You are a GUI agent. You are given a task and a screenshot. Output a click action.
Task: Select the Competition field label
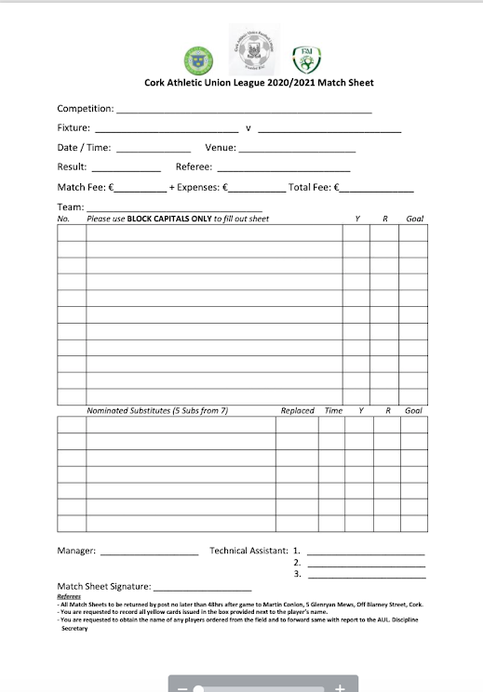(86, 109)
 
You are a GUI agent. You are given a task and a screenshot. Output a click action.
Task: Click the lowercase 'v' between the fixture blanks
(248, 127)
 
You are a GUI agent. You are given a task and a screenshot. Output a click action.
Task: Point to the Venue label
(221, 147)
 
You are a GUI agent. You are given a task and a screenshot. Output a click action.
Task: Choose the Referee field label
(194, 167)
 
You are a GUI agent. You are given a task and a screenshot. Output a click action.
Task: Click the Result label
(72, 167)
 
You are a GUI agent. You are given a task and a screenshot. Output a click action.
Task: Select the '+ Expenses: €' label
(198, 187)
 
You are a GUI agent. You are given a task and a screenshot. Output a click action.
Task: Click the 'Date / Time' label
(84, 147)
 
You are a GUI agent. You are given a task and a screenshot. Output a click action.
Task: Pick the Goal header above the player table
(414, 219)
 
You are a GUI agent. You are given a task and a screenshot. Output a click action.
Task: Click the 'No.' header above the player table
(64, 219)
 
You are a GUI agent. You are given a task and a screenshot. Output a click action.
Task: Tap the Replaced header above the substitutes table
(297, 410)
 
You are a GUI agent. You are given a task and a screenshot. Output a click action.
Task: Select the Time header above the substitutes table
(332, 410)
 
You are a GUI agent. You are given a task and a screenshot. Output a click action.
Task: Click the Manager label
(76, 551)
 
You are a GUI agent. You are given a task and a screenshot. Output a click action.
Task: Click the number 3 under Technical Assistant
(296, 575)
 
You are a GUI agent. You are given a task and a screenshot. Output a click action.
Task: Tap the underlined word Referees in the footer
(69, 596)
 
